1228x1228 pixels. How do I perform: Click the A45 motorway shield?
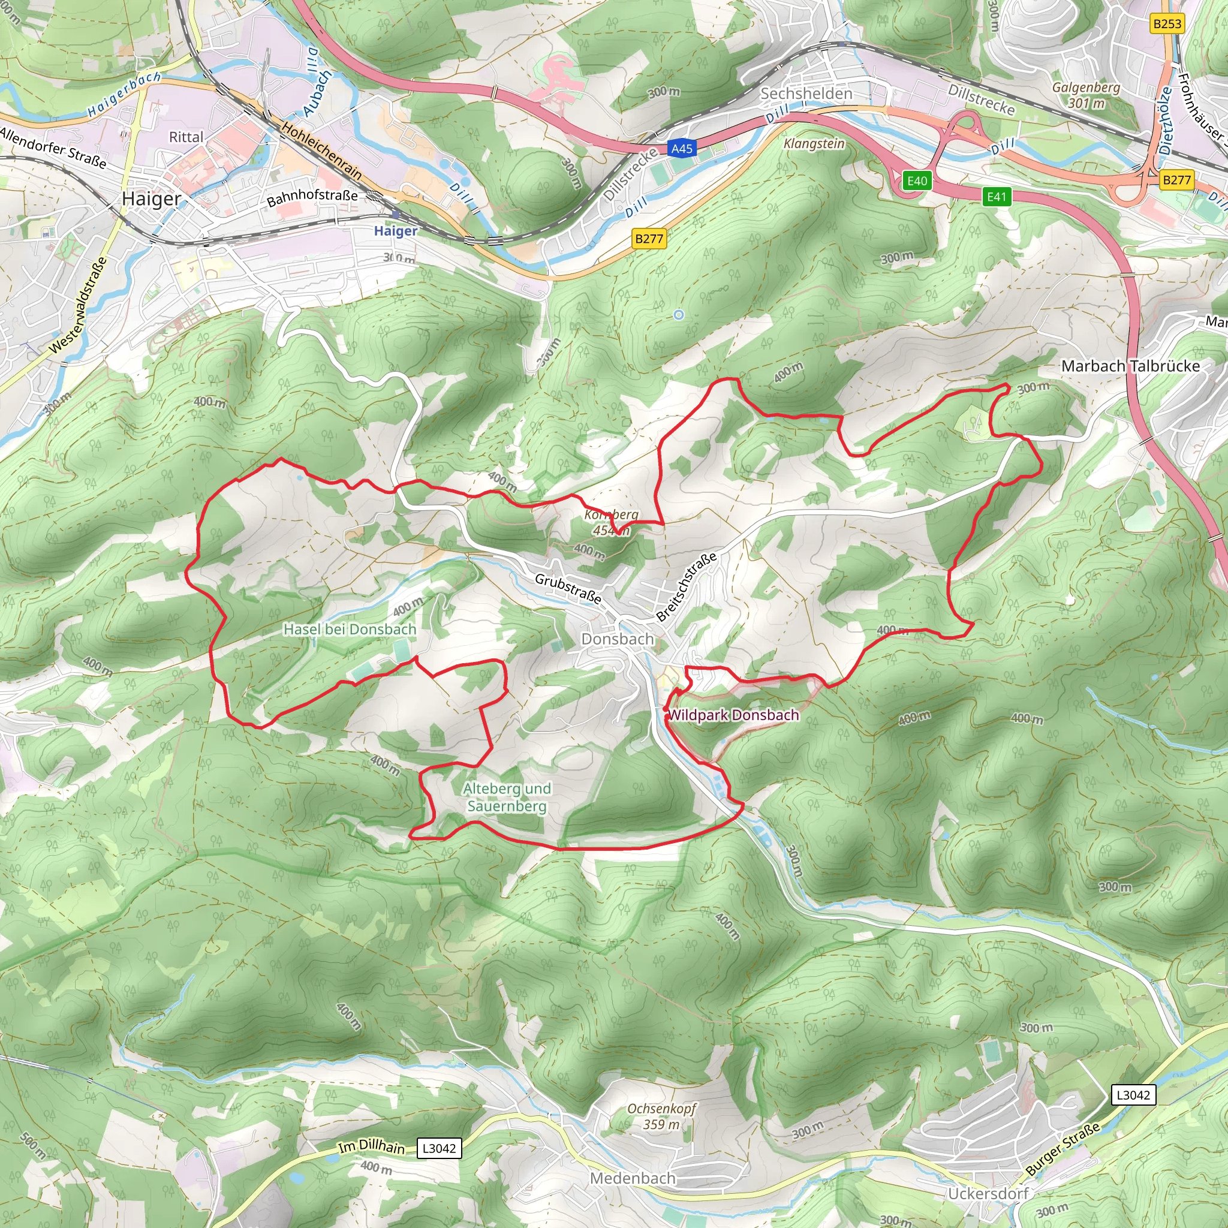click(682, 149)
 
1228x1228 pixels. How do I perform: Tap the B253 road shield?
click(1167, 24)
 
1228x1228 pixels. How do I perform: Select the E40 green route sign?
click(917, 181)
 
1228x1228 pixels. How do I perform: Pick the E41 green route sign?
click(996, 197)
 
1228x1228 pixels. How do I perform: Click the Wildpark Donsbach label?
click(733, 715)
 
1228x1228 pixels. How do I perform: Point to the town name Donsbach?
click(617, 639)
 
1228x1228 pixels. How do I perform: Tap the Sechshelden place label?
click(806, 94)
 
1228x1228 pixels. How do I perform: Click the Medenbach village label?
click(633, 1178)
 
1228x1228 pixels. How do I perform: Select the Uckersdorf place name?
click(988, 1194)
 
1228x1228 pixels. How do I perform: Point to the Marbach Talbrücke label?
click(1130, 366)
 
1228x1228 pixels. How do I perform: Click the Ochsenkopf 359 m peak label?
click(662, 1116)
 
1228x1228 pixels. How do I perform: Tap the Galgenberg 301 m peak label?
click(1086, 95)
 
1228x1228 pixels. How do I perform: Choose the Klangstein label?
click(814, 144)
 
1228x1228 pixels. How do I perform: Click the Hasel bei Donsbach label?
click(350, 629)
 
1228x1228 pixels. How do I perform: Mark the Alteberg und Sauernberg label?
click(507, 797)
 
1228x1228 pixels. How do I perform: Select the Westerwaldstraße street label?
click(78, 305)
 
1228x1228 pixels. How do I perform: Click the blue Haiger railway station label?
click(395, 231)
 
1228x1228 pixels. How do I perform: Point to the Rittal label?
click(186, 137)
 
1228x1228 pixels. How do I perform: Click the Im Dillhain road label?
click(371, 1146)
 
